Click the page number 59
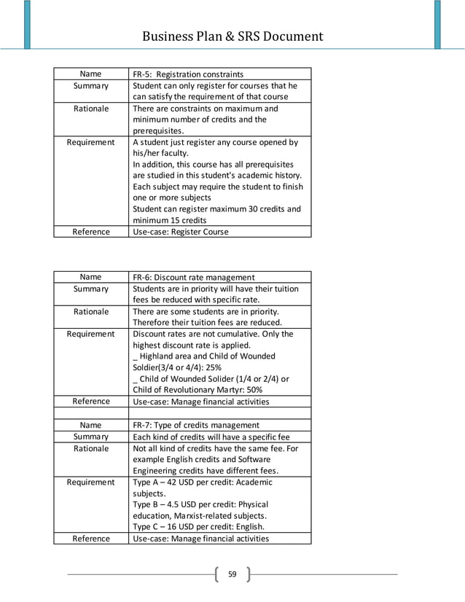pyautogui.click(x=232, y=574)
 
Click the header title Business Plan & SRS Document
pyautogui.click(x=232, y=36)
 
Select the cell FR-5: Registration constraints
pyautogui.click(x=187, y=74)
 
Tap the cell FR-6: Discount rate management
pyautogui.click(x=193, y=277)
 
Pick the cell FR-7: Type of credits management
pyautogui.click(x=195, y=425)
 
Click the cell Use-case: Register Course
pyautogui.click(x=180, y=232)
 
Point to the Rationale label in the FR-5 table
pyautogui.click(x=90, y=109)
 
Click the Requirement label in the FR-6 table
pyautogui.click(x=90, y=334)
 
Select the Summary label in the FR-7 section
pyautogui.click(x=90, y=437)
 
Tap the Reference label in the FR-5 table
pyautogui.click(x=90, y=232)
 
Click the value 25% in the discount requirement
pyautogui.click(x=212, y=367)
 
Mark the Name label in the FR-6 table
pyautogui.click(x=90, y=277)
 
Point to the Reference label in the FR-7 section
pyautogui.click(x=90, y=539)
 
